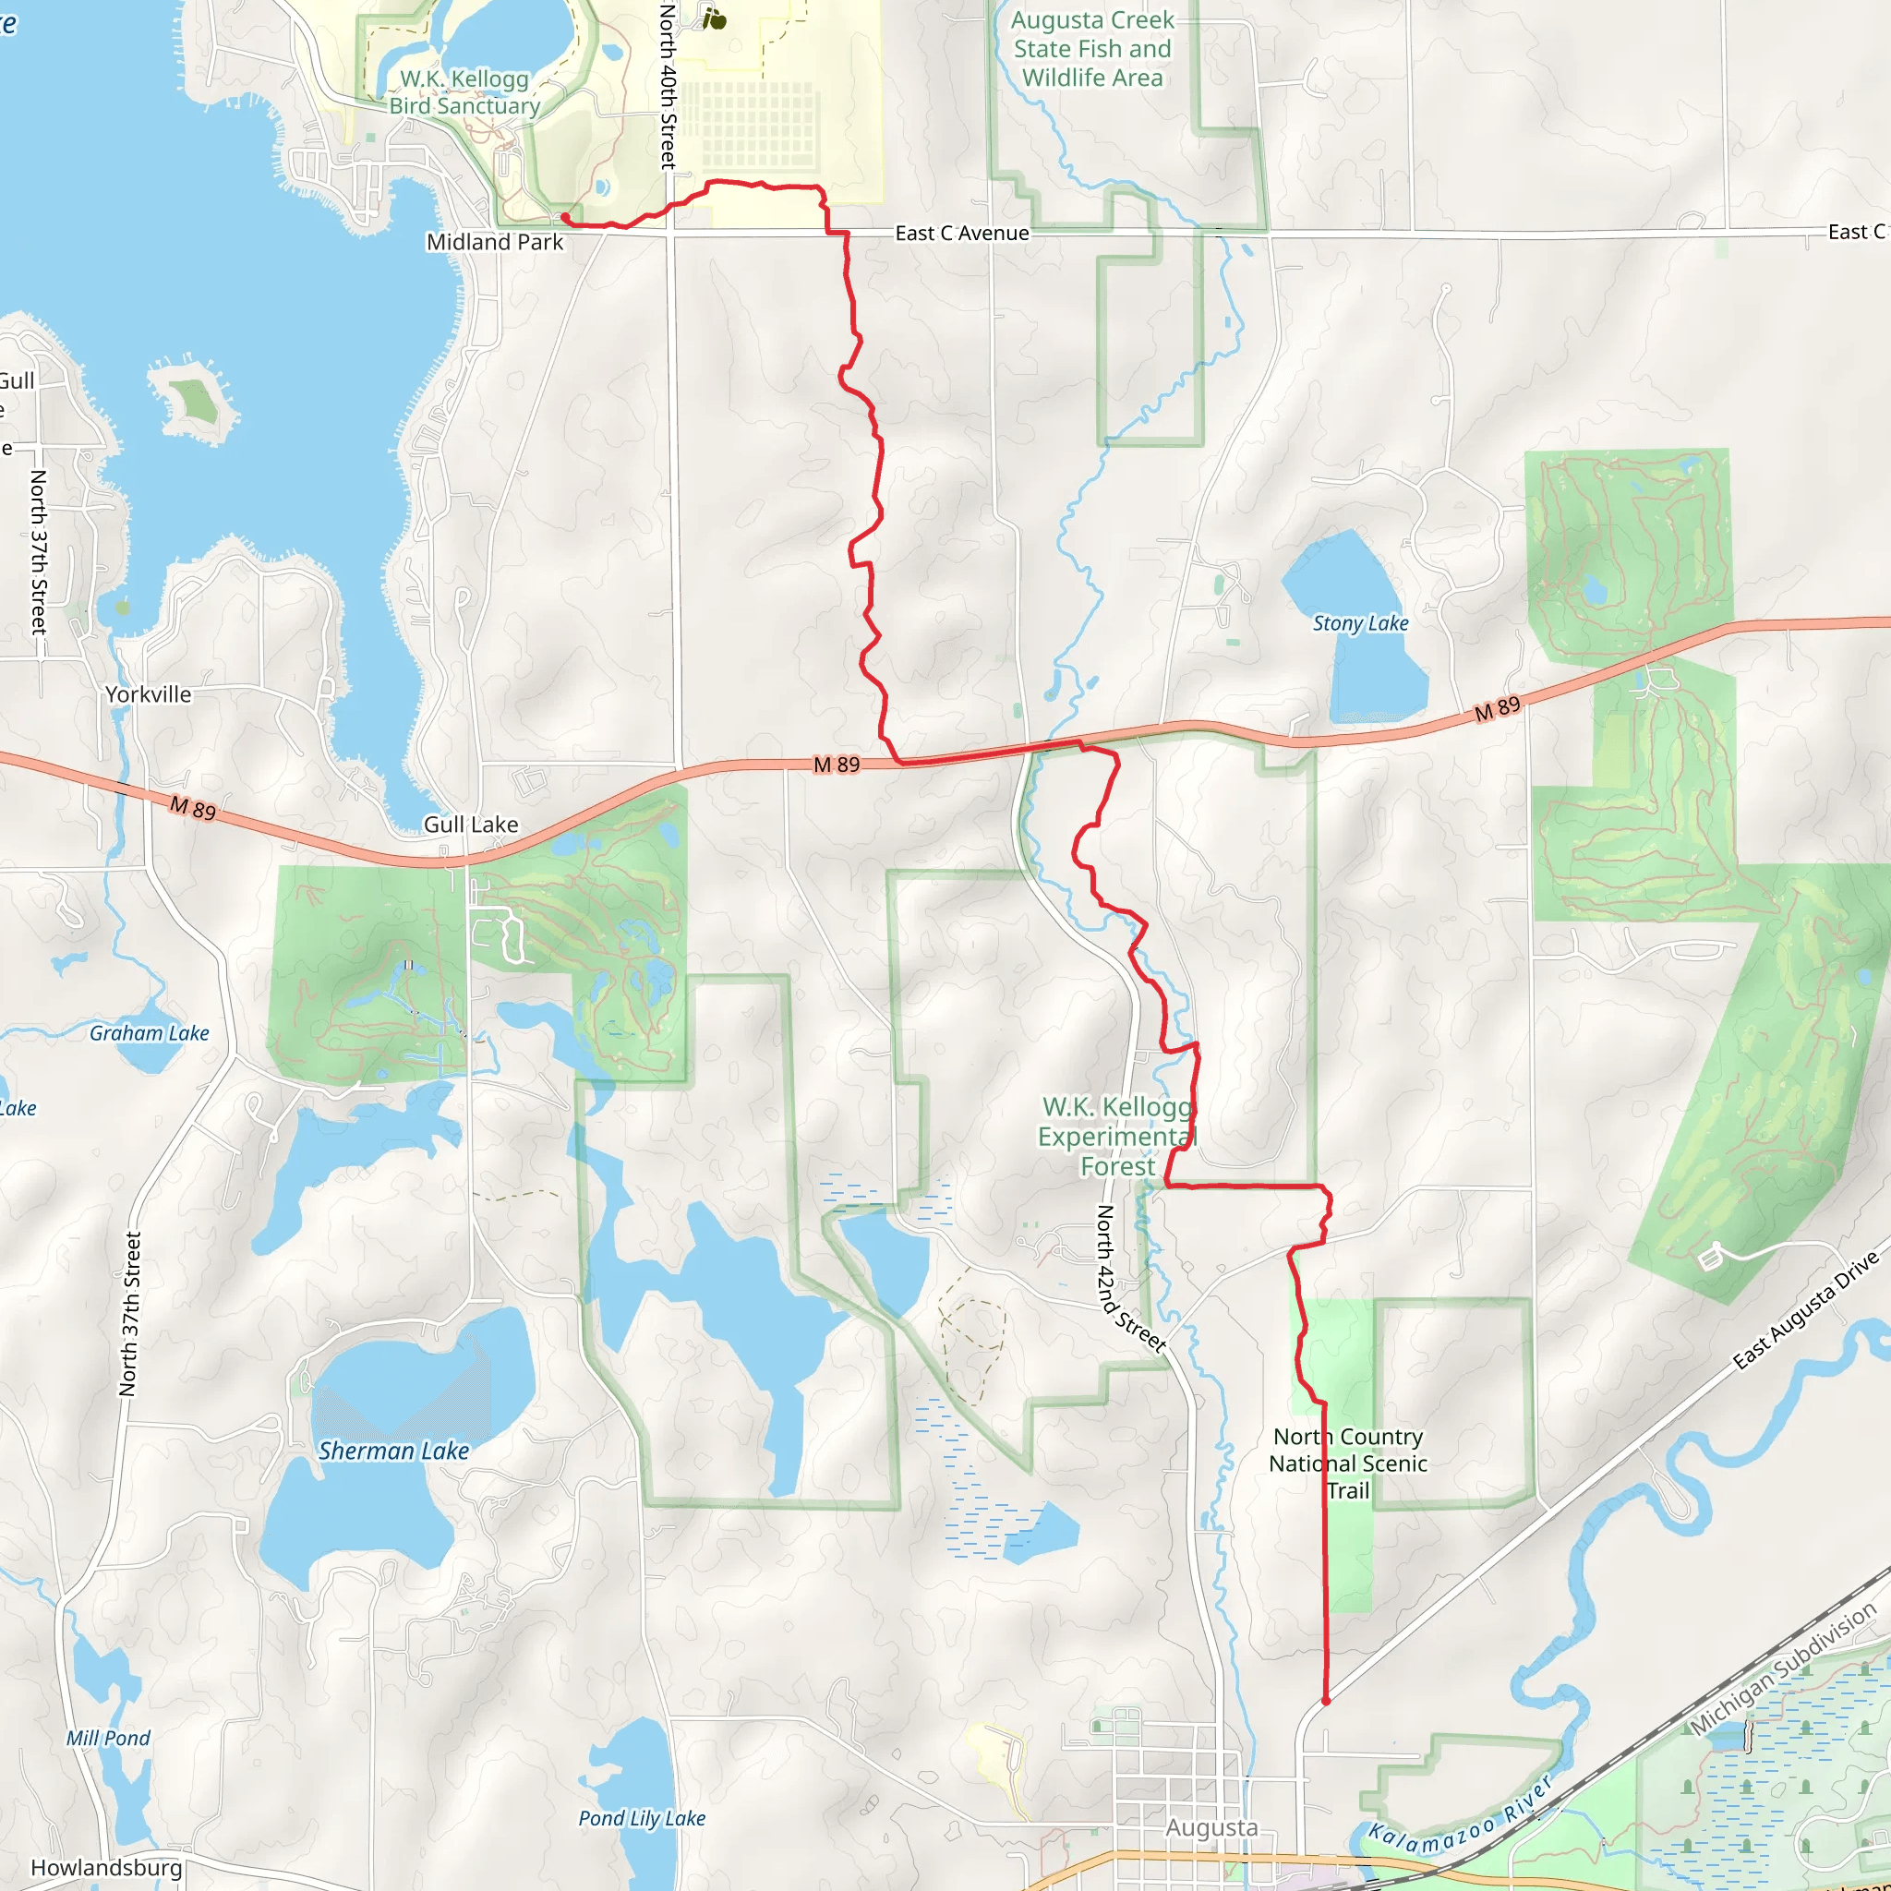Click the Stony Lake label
[1359, 623]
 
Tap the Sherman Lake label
[393, 1451]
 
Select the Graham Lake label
[150, 1032]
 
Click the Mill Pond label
[109, 1739]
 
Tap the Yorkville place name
[149, 694]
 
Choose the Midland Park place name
[494, 242]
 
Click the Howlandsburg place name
[107, 1868]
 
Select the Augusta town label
[1210, 1827]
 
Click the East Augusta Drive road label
[1806, 1311]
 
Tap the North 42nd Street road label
[1130, 1278]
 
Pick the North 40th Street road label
[668, 86]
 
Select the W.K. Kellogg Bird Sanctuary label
[465, 92]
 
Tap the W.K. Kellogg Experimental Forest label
[1118, 1137]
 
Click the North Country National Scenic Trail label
[1348, 1463]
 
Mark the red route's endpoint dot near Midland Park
[565, 217]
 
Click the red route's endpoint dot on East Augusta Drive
[1325, 1701]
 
